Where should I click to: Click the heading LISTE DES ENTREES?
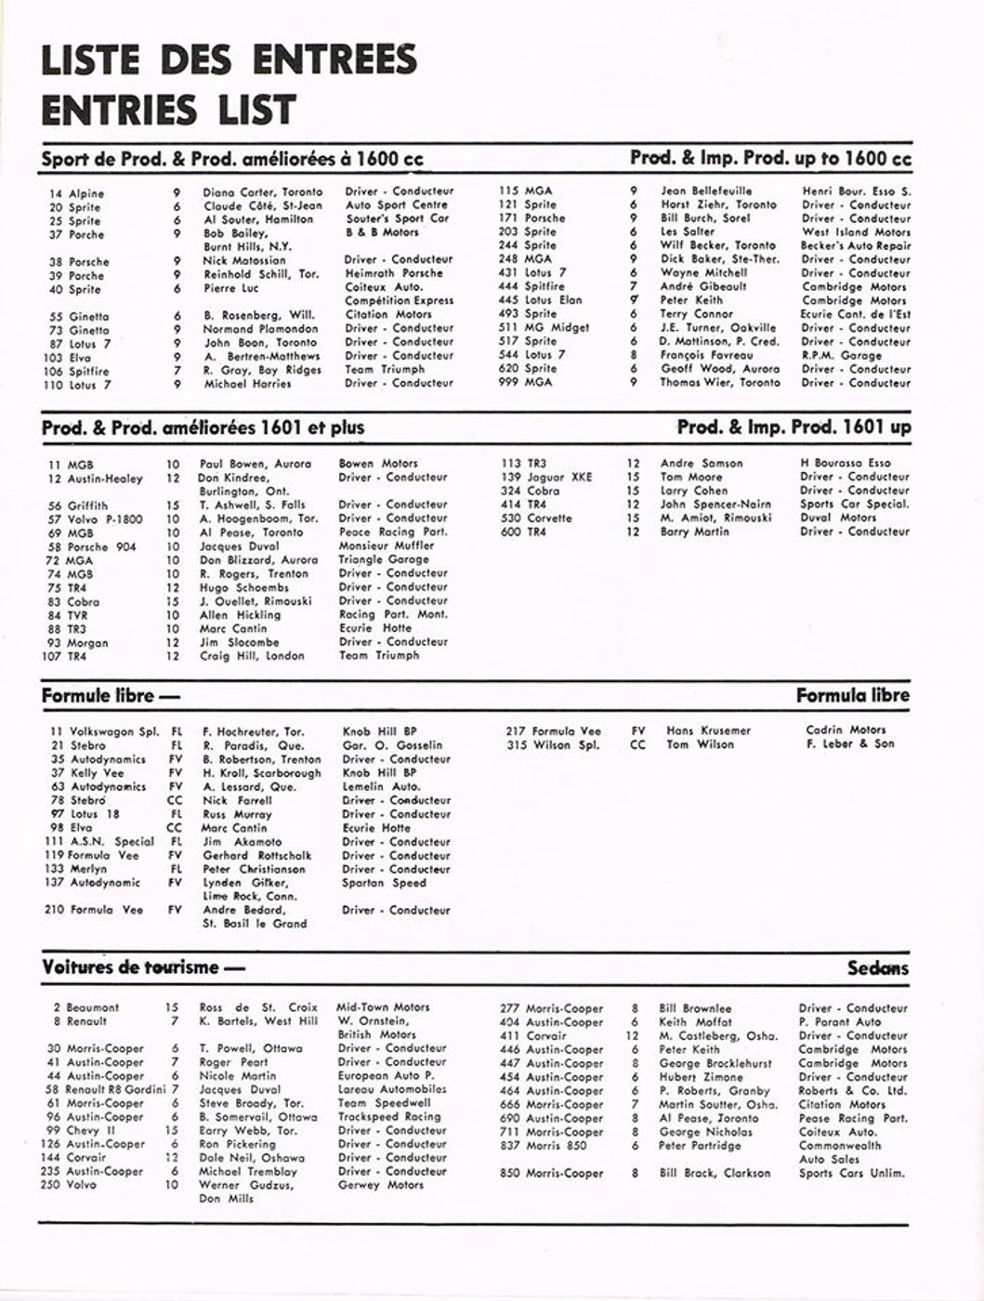[x=229, y=59]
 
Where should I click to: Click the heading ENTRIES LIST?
[x=168, y=110]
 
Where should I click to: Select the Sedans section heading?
[x=877, y=968]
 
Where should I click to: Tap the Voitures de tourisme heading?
[x=143, y=967]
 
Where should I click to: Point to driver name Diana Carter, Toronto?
[x=263, y=192]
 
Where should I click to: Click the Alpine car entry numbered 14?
[x=77, y=193]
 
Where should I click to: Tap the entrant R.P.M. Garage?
[x=842, y=355]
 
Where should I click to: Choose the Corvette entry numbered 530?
[x=536, y=518]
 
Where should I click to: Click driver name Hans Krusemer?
[x=708, y=730]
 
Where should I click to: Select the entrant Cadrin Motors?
[x=846, y=729]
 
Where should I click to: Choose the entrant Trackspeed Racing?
[x=388, y=1117]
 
